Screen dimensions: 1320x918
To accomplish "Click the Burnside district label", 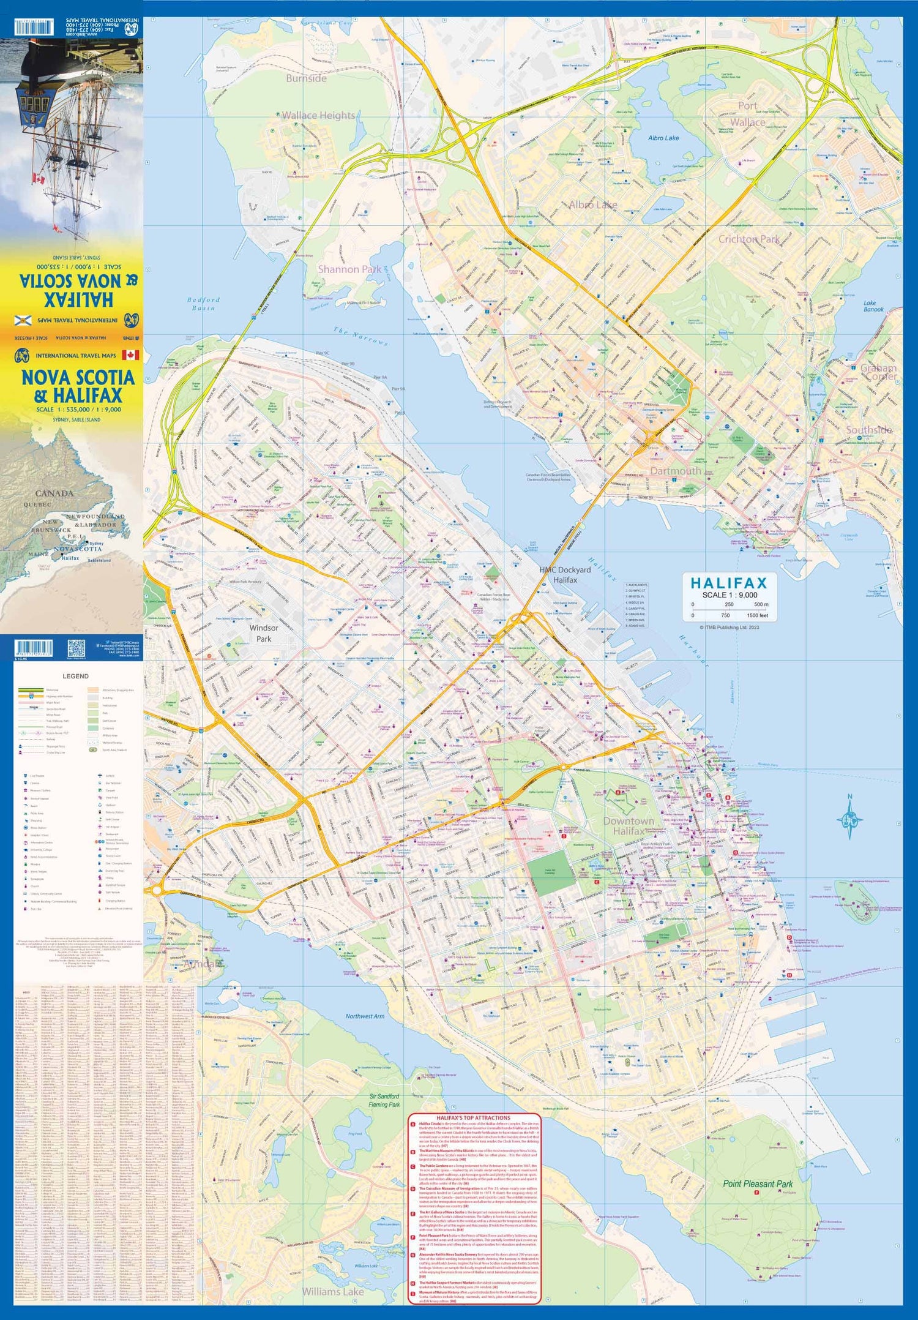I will [306, 78].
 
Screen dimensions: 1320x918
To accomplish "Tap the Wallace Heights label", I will [318, 115].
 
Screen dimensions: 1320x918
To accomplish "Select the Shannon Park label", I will [349, 269].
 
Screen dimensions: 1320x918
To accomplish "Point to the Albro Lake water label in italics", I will [663, 138].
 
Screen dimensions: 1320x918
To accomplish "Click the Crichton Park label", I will [748, 239].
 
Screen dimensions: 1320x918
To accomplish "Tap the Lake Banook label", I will [873, 306].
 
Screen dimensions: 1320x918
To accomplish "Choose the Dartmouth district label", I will [676, 471].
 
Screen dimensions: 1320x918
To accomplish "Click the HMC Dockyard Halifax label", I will [565, 574].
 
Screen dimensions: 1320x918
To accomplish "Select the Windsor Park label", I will [264, 633].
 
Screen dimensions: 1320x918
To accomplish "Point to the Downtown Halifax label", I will [629, 826].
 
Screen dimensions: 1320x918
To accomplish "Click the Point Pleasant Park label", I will [758, 1184].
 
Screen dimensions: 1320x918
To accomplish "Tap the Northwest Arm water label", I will [365, 1016].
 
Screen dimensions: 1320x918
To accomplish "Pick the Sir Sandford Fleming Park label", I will [384, 1100].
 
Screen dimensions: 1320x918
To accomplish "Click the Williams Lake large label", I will [333, 1291].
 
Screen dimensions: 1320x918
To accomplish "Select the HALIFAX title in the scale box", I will [728, 583].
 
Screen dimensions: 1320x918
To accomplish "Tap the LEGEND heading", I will [76, 677].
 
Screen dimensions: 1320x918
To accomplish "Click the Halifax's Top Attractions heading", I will [474, 1117].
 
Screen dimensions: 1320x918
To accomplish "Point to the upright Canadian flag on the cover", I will [130, 355].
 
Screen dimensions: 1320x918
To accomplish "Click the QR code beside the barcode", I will [75, 648].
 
